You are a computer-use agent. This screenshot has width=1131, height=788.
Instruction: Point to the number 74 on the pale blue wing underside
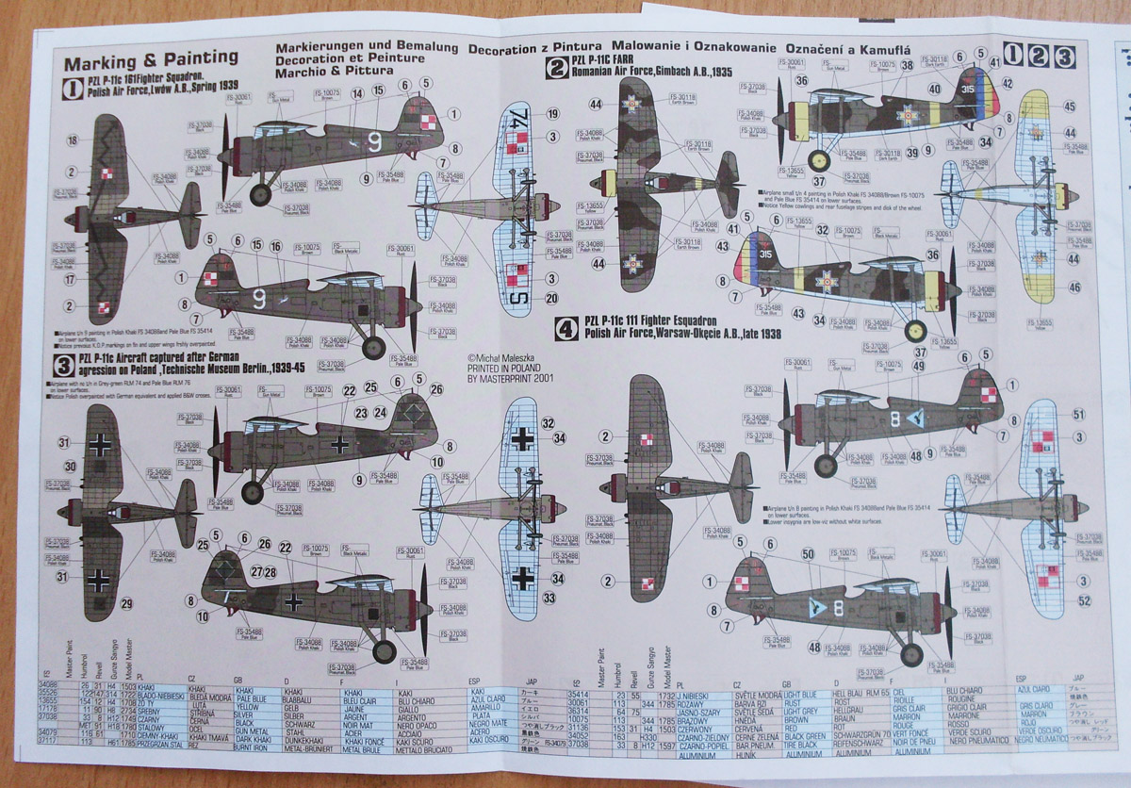(517, 120)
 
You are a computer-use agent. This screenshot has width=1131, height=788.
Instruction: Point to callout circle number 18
(73, 140)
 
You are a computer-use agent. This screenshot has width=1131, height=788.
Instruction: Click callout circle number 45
(1070, 106)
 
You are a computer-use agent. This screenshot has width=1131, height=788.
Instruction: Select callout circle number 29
(127, 603)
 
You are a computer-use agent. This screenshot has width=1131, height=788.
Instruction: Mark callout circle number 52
(1084, 601)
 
